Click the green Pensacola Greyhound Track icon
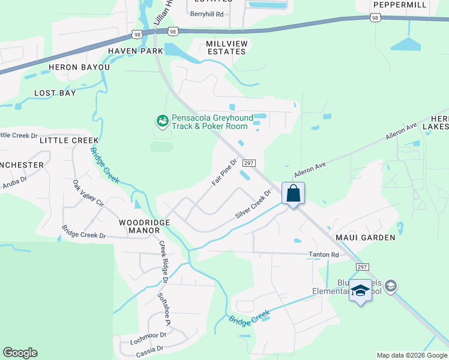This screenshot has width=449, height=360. pos(161,122)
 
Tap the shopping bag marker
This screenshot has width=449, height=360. pos(293,194)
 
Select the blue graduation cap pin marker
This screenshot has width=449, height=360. pos(360,291)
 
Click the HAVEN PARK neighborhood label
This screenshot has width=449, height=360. pos(136,52)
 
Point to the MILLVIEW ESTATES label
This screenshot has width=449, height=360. pos(226,48)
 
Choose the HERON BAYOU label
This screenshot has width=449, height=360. pos(79,68)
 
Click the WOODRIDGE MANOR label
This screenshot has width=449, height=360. pos(144,226)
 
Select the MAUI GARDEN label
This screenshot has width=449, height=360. pos(370,238)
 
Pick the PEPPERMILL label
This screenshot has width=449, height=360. pos(400,5)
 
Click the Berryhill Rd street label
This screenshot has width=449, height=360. pos(206,14)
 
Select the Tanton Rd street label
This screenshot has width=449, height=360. pos(324,255)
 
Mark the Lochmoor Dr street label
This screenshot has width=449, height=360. pos(148,338)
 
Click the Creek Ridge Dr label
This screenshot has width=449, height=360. pos(163,262)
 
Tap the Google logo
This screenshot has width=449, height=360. pos(20,353)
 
